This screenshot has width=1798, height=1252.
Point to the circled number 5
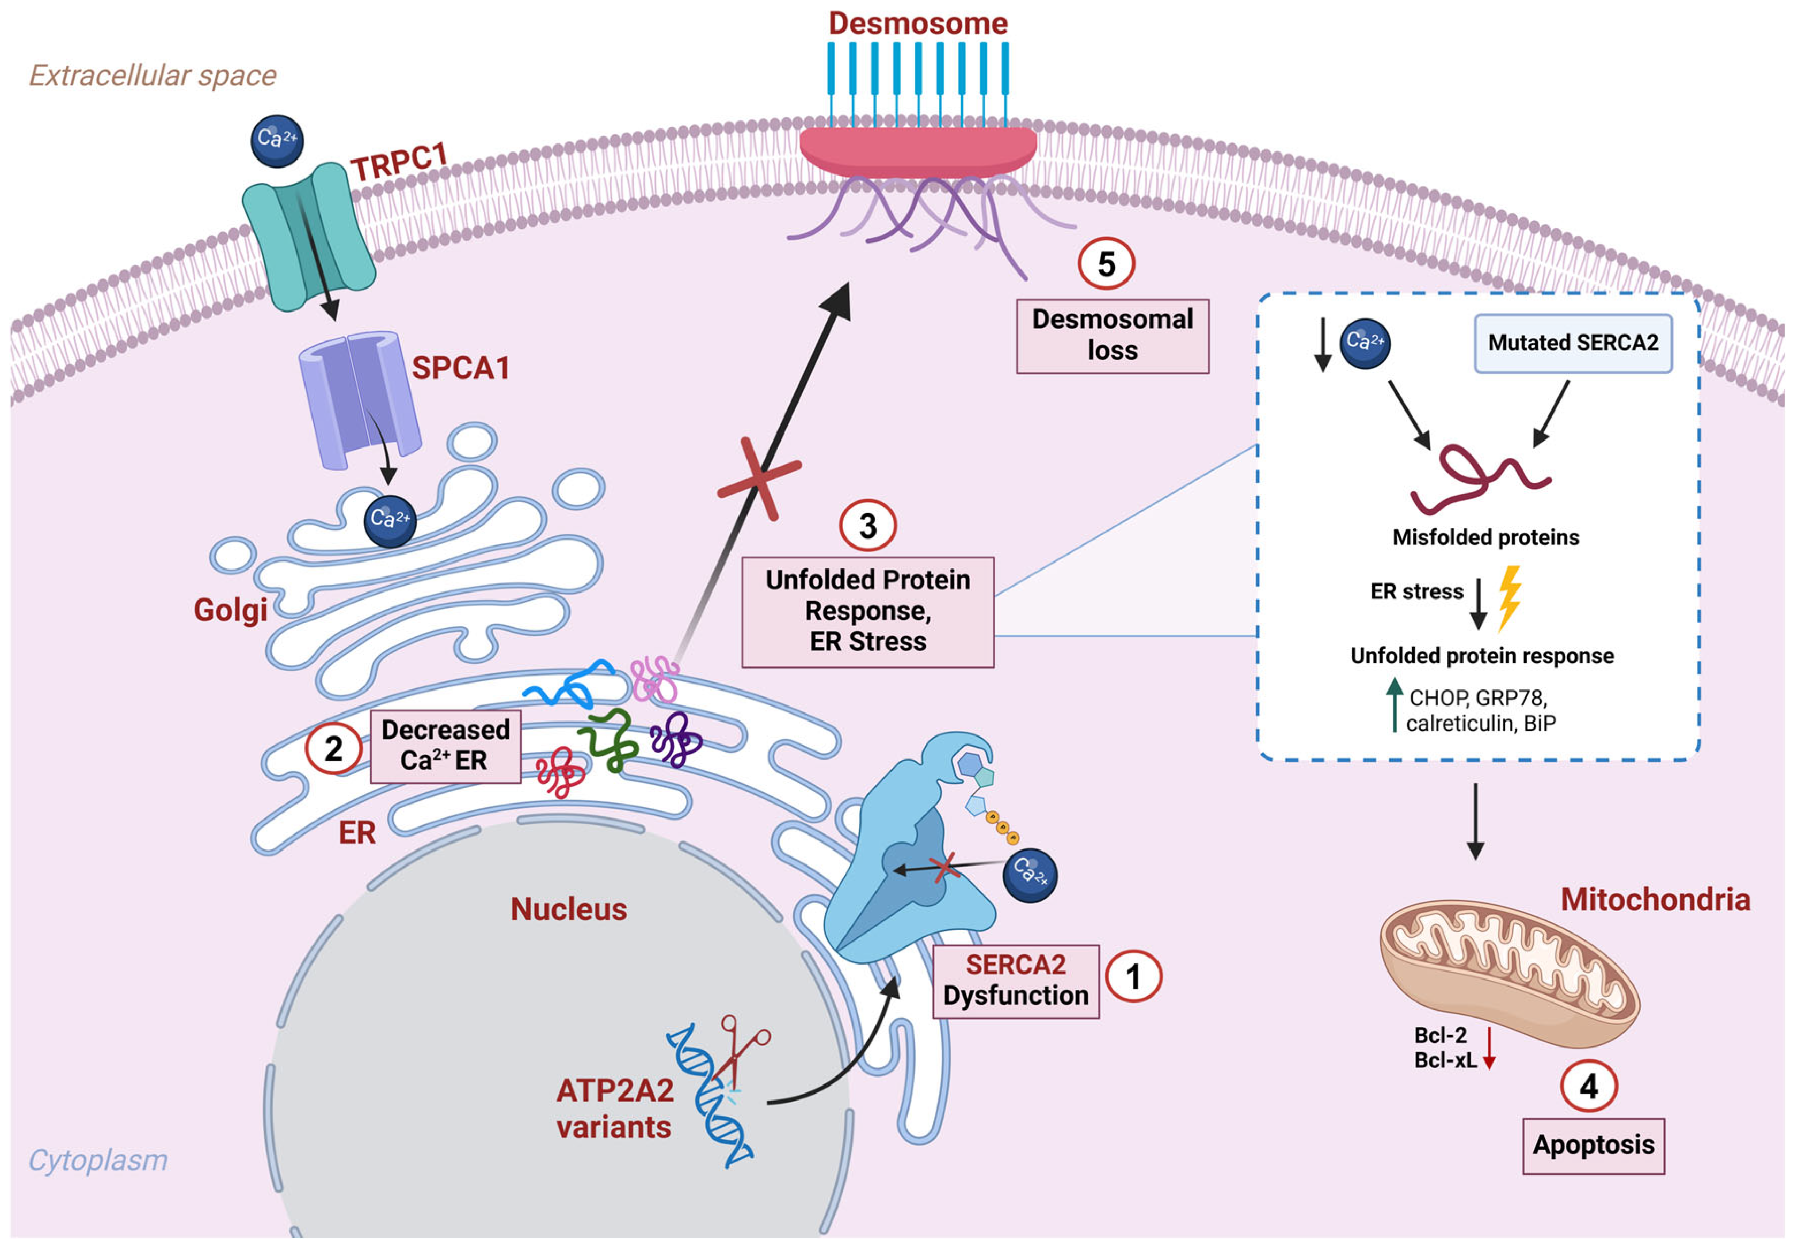[x=1106, y=264]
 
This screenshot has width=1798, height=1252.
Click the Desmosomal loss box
[x=1112, y=335]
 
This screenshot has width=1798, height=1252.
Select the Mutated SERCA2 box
[x=1573, y=343]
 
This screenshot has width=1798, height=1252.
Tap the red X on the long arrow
[x=758, y=479]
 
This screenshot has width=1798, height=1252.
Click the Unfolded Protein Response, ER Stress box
[x=867, y=611]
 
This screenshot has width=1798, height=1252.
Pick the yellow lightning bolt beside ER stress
[x=1509, y=597]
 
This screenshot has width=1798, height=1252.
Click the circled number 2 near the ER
[x=333, y=748]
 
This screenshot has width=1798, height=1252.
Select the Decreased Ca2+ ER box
[x=445, y=745]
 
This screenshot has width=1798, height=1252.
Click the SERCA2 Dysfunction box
[x=1015, y=980]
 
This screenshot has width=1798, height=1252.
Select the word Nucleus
[x=568, y=909]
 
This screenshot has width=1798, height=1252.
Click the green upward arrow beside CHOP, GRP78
[x=1394, y=704]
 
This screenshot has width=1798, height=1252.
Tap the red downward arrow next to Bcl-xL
[x=1489, y=1049]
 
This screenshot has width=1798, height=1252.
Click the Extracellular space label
[x=153, y=75]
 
